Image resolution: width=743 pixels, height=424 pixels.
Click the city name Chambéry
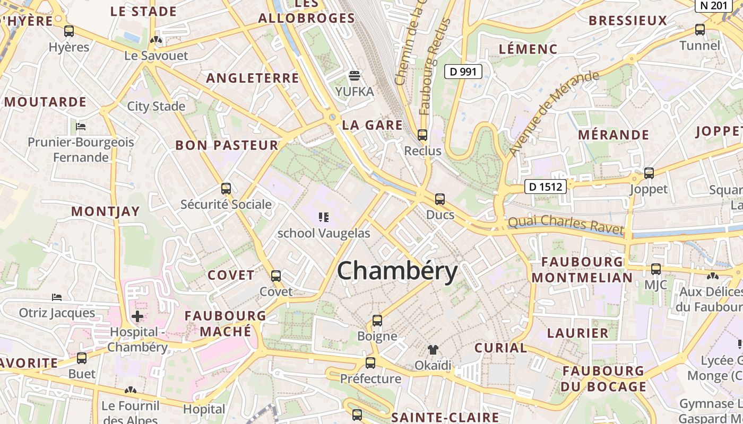point(397,271)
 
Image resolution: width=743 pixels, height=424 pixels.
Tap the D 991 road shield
point(463,72)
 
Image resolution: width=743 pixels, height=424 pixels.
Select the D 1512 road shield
point(546,187)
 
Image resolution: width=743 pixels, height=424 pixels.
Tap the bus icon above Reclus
point(422,135)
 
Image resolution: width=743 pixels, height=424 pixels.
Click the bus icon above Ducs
point(440,199)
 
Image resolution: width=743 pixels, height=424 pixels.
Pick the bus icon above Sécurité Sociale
point(226,189)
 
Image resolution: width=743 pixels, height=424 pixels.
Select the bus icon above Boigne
point(377,321)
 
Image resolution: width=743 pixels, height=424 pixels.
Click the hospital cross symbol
point(137,317)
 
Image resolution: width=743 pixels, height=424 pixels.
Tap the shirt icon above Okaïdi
point(433,349)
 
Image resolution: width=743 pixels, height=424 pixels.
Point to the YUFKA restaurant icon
point(355,76)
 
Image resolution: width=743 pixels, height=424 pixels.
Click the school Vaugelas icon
point(324,217)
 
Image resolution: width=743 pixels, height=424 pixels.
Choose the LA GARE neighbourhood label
point(372,125)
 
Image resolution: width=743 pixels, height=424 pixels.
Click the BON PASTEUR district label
point(227,145)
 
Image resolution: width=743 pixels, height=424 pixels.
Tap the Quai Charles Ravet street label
point(566,224)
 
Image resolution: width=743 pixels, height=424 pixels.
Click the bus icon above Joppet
point(649,173)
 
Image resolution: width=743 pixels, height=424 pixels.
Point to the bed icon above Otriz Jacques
point(57,297)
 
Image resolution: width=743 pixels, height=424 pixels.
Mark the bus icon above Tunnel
point(700,30)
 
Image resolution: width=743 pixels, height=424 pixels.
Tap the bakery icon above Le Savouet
point(155,40)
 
